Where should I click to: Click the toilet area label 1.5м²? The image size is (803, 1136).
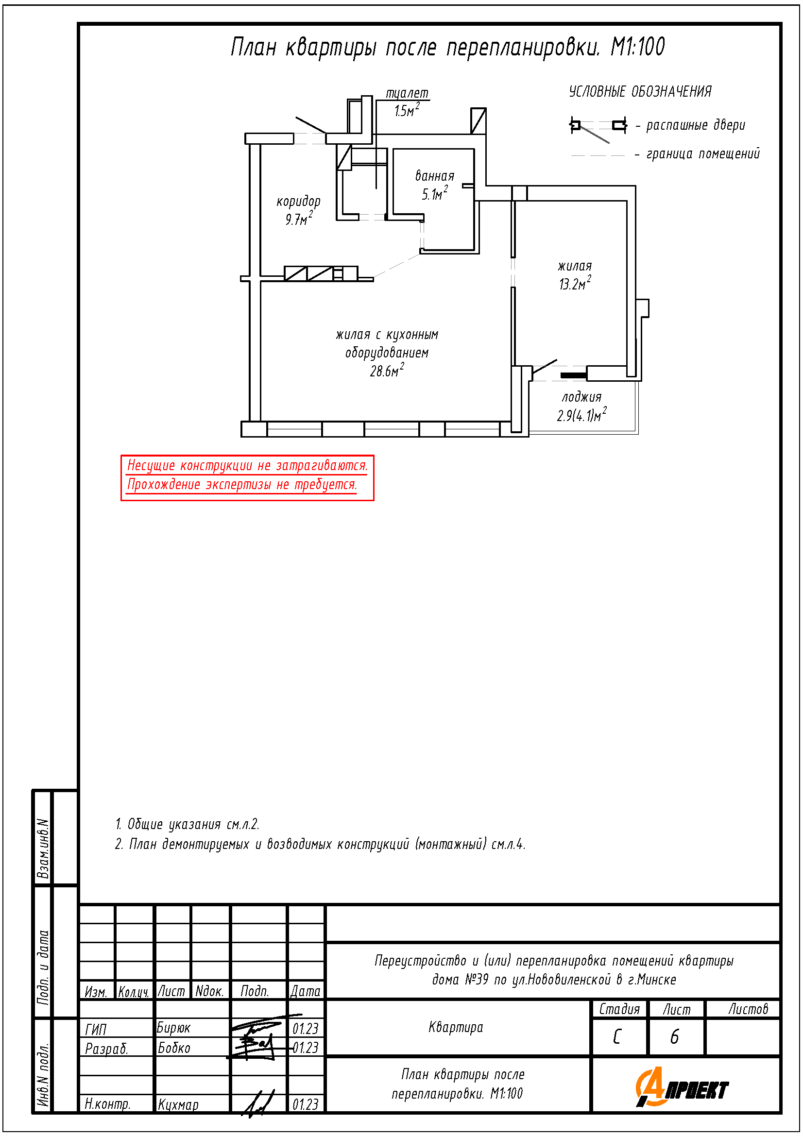point(406,110)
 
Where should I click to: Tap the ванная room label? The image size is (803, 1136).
point(434,176)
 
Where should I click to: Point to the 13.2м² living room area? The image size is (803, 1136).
point(574,284)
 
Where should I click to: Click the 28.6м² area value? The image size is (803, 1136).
point(386,371)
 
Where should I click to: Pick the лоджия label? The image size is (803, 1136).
point(581,397)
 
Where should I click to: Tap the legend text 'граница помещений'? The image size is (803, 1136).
point(702,154)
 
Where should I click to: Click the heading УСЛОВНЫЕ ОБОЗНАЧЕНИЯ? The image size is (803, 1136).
point(640,91)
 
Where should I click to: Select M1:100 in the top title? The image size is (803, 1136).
point(637,48)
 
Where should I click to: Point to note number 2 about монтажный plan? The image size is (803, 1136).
point(320,844)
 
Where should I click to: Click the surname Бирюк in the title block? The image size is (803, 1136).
point(173,1028)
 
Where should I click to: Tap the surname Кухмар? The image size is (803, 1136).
point(178,1104)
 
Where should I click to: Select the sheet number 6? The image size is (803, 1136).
point(674,1036)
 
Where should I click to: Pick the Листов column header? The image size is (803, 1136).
point(748,1009)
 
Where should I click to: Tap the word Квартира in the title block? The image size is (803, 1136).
point(456,1027)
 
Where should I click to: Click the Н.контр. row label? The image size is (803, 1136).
point(107,1104)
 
